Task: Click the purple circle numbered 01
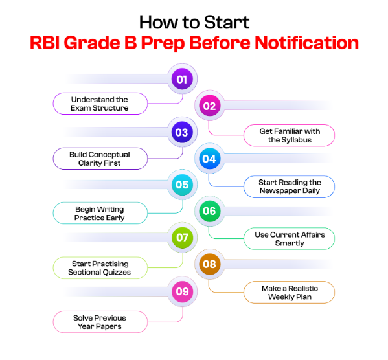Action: [182, 79]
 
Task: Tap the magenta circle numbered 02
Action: [209, 106]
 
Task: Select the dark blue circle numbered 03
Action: [182, 132]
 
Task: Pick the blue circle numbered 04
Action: [209, 159]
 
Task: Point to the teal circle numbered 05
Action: [182, 185]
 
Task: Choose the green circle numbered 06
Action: [209, 211]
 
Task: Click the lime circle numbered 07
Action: [182, 238]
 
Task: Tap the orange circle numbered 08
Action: [209, 264]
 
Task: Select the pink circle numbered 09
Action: [182, 291]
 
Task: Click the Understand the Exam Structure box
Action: [100, 104]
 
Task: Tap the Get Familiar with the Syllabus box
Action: [289, 135]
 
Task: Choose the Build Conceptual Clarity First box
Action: [100, 159]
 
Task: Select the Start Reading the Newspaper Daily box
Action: [289, 186]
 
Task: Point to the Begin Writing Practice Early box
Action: [100, 213]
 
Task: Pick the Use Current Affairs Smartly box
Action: [289, 238]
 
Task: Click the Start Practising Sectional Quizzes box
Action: [100, 267]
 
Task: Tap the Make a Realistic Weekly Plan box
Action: [289, 292]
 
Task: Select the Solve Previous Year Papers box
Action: [100, 322]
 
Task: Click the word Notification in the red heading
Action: [306, 43]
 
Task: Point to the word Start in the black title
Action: [227, 22]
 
